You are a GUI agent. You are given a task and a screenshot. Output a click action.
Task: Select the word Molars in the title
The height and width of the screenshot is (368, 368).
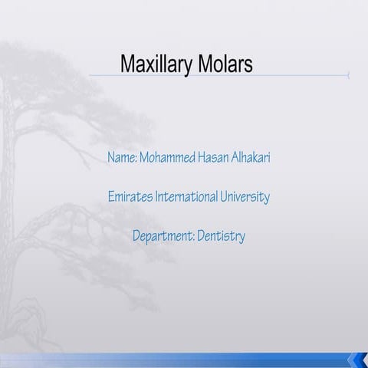225,64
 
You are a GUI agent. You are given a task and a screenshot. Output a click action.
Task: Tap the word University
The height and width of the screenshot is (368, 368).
246,197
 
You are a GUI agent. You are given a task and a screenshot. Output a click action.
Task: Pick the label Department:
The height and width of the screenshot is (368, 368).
163,236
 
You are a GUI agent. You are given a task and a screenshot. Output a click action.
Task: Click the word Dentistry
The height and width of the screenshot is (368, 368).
222,236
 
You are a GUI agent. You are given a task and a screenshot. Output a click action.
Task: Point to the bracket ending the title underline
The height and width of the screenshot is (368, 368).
348,75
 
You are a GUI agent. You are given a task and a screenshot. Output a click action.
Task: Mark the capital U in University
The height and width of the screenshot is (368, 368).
226,197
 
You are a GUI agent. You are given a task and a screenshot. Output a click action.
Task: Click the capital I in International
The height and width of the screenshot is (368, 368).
156,197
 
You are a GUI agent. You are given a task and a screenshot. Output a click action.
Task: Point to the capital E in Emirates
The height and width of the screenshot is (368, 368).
110,197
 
